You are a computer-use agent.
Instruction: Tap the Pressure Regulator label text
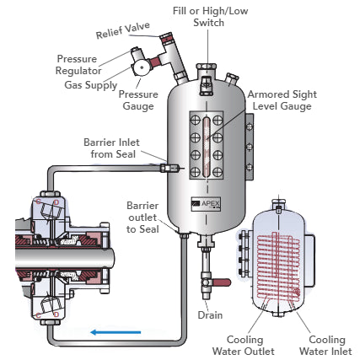(x=82, y=65)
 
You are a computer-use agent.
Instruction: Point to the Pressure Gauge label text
(x=138, y=100)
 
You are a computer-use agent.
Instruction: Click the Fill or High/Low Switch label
(x=198, y=15)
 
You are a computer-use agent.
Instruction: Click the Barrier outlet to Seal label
(x=142, y=218)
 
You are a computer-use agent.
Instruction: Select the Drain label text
(x=209, y=314)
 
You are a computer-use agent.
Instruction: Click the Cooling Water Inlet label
(x=321, y=346)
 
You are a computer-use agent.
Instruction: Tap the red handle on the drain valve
(x=222, y=282)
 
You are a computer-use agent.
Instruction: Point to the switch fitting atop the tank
(x=204, y=82)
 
